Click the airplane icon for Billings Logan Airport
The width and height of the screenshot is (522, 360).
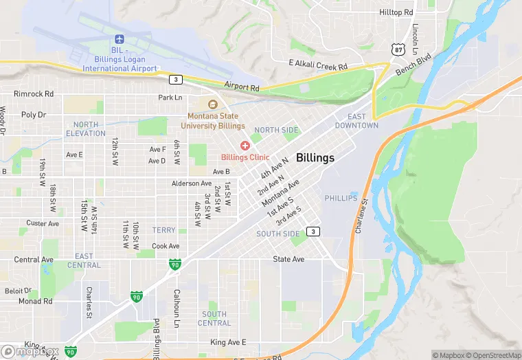click(x=120, y=38)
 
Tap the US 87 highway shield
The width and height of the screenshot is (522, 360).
click(x=398, y=49)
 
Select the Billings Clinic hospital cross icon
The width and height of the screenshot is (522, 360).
click(x=245, y=146)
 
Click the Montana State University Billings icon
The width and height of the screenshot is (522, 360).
click(x=212, y=104)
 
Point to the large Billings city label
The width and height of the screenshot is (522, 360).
click(x=315, y=158)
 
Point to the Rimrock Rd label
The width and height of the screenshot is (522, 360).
click(x=34, y=94)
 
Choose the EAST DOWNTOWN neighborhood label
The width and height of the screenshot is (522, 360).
click(x=356, y=121)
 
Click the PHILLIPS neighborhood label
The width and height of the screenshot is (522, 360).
click(x=341, y=198)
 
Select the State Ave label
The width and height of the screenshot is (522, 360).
click(x=288, y=259)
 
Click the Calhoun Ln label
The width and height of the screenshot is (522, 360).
click(x=177, y=306)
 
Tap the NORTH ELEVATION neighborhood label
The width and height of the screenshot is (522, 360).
click(x=86, y=128)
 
